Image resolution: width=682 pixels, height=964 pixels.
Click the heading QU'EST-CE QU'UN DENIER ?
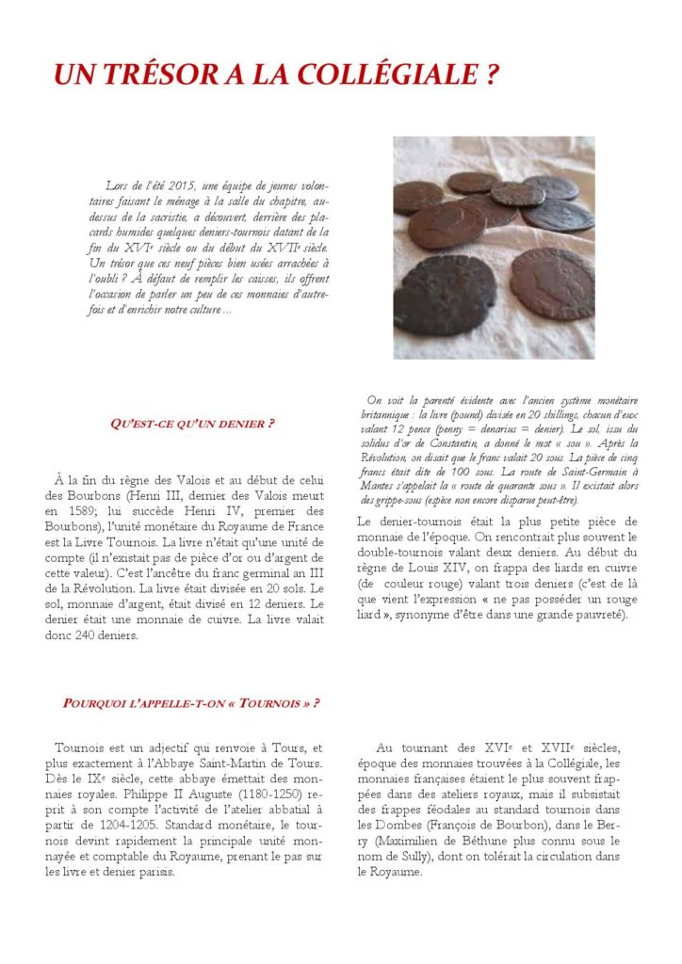tap(192, 424)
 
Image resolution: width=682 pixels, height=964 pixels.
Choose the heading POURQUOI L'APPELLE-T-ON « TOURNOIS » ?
tap(190, 703)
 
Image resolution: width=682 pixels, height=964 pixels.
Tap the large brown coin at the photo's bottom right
tap(552, 283)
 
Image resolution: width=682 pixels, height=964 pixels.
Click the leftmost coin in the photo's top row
tap(417, 197)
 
